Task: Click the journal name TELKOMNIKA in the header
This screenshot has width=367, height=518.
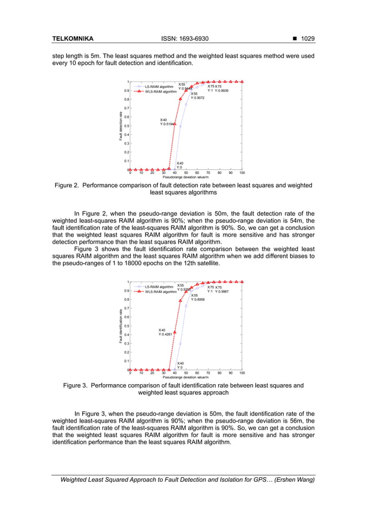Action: point(73,39)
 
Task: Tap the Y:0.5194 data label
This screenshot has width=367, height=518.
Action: point(167,123)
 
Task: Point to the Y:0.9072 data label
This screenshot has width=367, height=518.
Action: point(197,98)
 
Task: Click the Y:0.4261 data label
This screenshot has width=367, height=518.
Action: point(166,333)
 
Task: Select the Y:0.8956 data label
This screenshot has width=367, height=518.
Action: point(198,299)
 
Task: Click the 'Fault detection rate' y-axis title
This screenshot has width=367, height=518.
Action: point(121,126)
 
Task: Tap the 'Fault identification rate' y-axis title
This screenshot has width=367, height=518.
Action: point(121,326)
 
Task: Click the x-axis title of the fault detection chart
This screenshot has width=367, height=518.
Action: point(186,177)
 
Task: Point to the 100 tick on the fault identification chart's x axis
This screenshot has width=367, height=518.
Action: point(242,373)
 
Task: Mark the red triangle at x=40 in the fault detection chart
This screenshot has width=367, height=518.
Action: point(175,124)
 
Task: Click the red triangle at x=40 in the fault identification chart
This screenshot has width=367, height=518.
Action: point(175,332)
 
